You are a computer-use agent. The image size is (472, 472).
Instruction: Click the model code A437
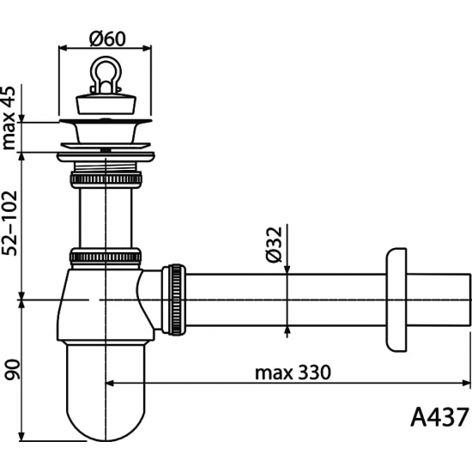tap(439, 417)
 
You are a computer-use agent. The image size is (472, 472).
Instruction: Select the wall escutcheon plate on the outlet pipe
tap(396, 300)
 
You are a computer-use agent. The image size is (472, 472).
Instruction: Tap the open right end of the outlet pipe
tap(469, 300)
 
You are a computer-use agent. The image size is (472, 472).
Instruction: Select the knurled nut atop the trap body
tap(105, 256)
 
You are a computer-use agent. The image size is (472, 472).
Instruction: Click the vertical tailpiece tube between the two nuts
tap(105, 219)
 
